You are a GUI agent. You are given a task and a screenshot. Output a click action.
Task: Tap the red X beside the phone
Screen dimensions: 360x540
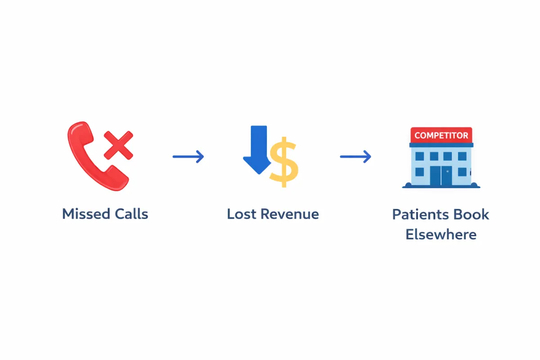coord(118,145)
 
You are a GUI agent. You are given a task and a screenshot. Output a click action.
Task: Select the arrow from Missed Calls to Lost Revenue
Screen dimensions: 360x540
coord(189,157)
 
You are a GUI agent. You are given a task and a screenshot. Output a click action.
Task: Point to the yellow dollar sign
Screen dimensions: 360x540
coord(283,162)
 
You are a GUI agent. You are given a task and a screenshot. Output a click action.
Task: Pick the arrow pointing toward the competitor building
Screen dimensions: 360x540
coord(355,157)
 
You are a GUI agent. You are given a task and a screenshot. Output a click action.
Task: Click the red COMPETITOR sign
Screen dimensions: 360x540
coord(441,135)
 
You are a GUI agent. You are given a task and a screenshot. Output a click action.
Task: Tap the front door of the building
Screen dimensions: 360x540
coord(441,176)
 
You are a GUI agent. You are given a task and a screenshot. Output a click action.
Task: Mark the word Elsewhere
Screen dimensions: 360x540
coord(441,234)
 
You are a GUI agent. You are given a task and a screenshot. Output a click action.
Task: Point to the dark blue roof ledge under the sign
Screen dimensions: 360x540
coord(441,145)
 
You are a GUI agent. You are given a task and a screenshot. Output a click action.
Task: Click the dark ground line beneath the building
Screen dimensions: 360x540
coord(441,186)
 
